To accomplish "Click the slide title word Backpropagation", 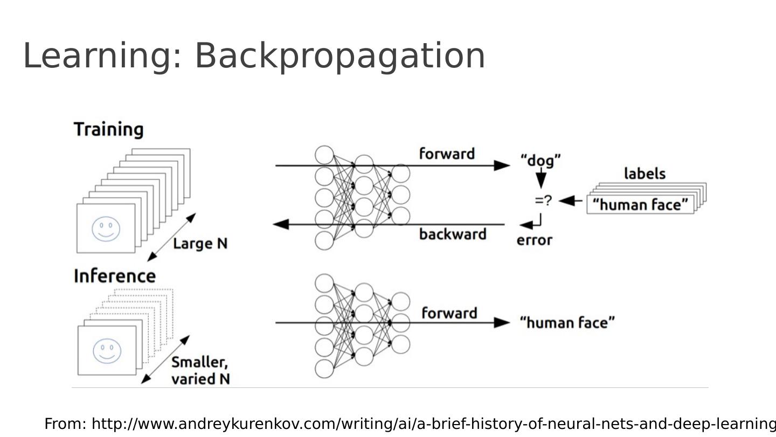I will coord(339,56).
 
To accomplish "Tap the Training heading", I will coord(108,129).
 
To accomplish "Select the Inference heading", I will coord(114,276).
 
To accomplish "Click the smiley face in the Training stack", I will coord(106,228).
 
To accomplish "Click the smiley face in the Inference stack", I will coord(107,351).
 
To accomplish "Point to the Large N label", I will coord(200,244).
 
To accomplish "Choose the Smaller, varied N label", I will coord(200,371).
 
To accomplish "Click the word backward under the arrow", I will coord(453,234).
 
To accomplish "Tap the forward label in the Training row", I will coord(447,154).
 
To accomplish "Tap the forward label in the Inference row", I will coord(449,313).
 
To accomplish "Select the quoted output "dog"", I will coord(541,160).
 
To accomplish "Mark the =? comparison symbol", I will coord(543,201).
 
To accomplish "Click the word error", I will coord(534,240).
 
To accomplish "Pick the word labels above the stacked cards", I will coord(645,174).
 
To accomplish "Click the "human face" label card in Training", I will coord(640,205).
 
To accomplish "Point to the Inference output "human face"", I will coord(567,323).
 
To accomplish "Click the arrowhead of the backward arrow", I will coord(281,224).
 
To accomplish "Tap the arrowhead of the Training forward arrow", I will coord(502,165).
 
